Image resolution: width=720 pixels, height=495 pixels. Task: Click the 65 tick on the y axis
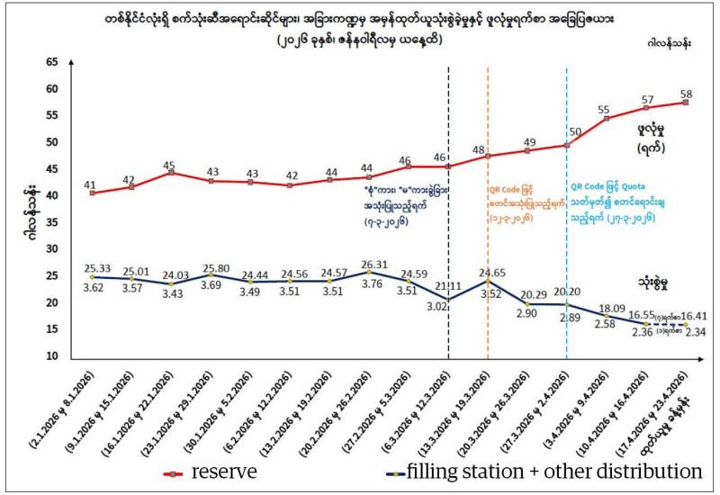tap(50, 62)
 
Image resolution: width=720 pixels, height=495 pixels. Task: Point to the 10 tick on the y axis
tap(50, 356)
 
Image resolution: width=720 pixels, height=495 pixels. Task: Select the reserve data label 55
tap(604, 110)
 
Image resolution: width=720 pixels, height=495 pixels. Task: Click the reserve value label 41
tap(90, 184)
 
